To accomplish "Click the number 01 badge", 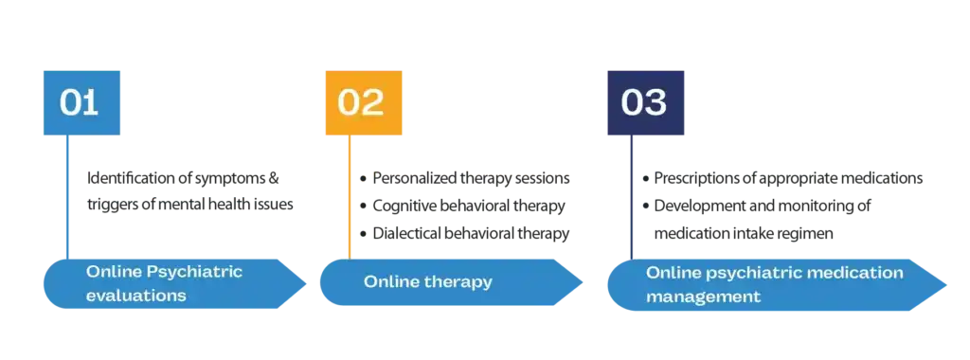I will [x=80, y=102].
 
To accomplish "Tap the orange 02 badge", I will [x=361, y=102].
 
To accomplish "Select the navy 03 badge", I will [x=644, y=102].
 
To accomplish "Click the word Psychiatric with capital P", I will [x=195, y=272].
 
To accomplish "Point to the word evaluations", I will [x=135, y=295].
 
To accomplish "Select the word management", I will [x=704, y=296].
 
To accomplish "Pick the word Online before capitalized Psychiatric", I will [x=114, y=272].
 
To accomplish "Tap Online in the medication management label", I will [x=674, y=273].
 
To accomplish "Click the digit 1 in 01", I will [x=90, y=102].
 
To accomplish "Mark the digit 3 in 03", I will [x=656, y=102].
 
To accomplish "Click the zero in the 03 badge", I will [x=632, y=102].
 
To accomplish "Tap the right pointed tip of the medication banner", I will [x=947, y=283].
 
